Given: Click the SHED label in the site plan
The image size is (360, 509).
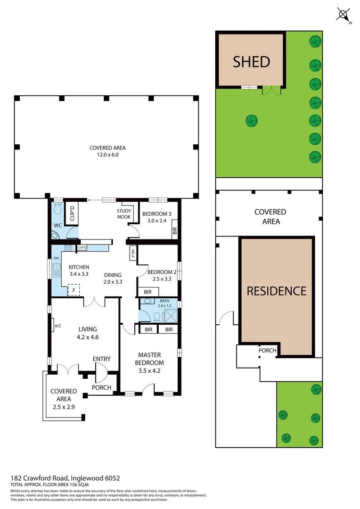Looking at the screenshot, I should tap(252, 62).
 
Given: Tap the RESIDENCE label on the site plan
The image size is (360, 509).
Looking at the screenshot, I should tap(277, 291).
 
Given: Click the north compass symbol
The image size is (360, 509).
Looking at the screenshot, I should tap(343, 15).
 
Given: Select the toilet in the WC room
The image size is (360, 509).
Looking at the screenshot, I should tap(58, 209).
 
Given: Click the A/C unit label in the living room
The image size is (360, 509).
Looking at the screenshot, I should tap(58, 326).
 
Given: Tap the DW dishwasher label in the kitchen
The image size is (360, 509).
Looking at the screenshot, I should tap(56, 258).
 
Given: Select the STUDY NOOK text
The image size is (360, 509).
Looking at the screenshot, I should tap(124, 214).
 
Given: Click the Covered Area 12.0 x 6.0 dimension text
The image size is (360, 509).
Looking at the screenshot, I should tap(107, 151).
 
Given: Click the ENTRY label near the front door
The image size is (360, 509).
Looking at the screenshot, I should tap(101, 359).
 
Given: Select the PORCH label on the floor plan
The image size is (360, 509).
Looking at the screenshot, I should tap(101, 388).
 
